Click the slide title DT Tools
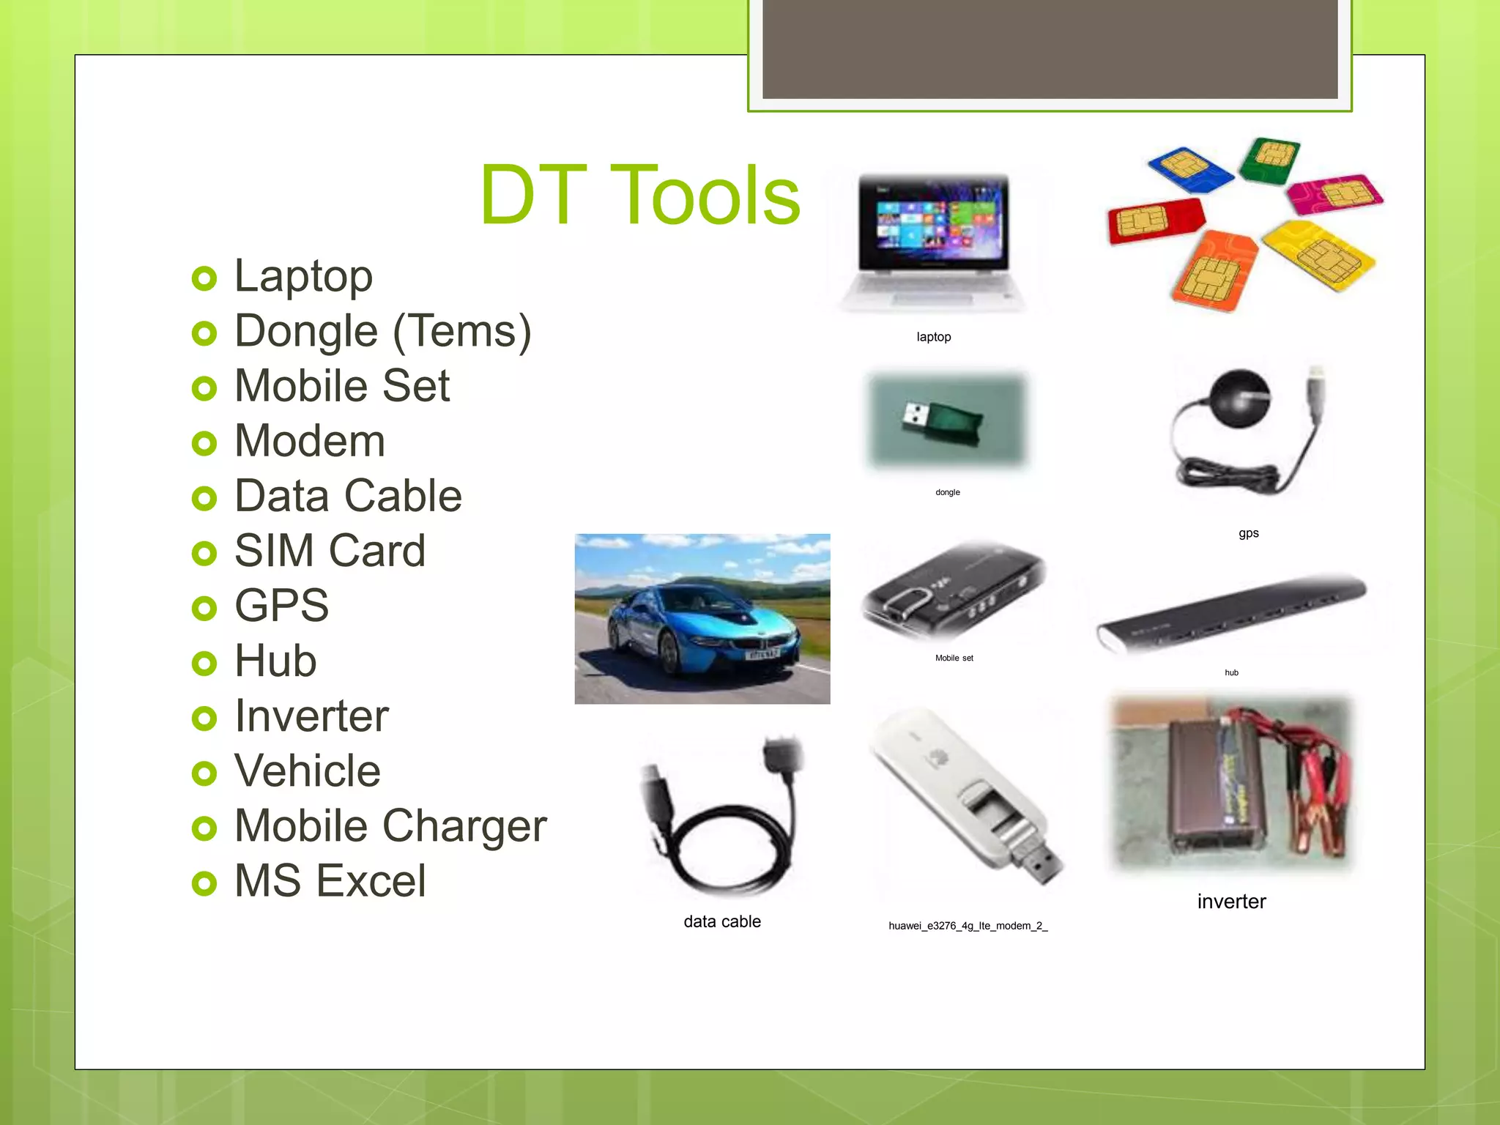click(x=639, y=196)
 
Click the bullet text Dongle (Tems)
click(x=382, y=331)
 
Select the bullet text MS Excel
click(x=330, y=880)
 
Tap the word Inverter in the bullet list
click(x=311, y=716)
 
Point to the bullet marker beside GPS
click(x=204, y=608)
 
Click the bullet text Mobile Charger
click(x=390, y=825)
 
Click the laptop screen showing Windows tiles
click(x=933, y=221)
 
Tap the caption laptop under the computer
click(x=933, y=337)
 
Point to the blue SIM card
click(x=1190, y=168)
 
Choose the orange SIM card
click(x=1216, y=271)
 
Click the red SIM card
click(x=1155, y=219)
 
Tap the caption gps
click(x=1248, y=533)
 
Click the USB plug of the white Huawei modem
click(x=1040, y=864)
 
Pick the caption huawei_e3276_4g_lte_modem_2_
click(x=968, y=926)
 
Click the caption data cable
click(x=721, y=921)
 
